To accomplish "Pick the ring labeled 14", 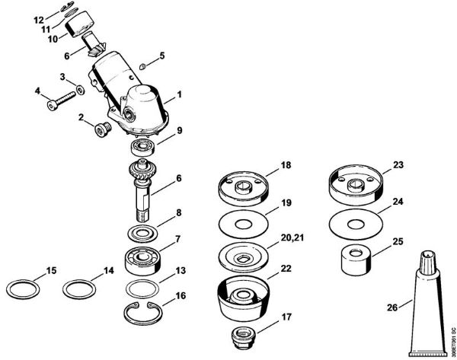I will pyautogui.click(x=80, y=289).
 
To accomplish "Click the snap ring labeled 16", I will pyautogui.click(x=142, y=312).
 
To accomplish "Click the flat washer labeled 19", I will pyautogui.click(x=243, y=225).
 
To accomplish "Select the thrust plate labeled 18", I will pyautogui.click(x=243, y=187).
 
